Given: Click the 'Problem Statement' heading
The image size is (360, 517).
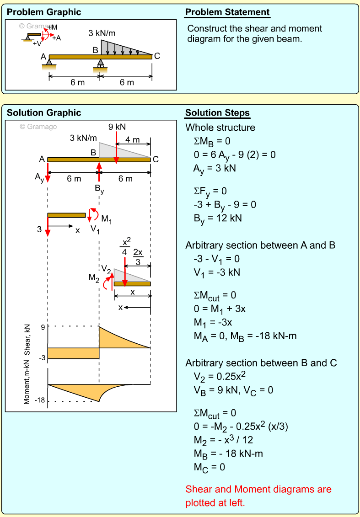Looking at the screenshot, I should [227, 12].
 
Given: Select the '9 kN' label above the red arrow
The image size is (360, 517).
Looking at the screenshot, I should [117, 127].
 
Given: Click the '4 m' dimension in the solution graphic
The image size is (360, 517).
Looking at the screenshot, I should [133, 139].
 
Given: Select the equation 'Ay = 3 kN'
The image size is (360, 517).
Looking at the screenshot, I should [214, 168].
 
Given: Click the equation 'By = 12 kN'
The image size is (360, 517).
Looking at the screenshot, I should [217, 219].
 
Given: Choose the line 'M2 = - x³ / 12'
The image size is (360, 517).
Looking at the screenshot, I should [223, 440].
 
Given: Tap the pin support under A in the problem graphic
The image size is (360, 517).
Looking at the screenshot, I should [49, 63].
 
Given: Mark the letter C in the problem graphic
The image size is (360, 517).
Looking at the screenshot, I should [157, 56].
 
